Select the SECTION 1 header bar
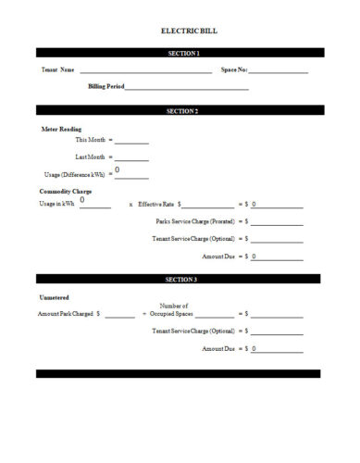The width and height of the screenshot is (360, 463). [179, 54]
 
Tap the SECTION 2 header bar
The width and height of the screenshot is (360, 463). [179, 111]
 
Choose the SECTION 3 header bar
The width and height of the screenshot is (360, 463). [179, 279]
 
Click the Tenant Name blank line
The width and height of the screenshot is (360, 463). [144, 70]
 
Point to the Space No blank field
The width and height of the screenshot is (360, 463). [279, 70]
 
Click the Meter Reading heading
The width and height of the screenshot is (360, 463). [62, 129]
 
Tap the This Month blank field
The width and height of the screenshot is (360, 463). [131, 142]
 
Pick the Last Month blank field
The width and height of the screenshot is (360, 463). [131, 158]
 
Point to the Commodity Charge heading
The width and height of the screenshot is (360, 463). [65, 191]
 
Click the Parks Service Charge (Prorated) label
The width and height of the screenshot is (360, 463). [195, 222]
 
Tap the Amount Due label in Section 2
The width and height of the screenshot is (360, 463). [218, 256]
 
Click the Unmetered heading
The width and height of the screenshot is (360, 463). [55, 297]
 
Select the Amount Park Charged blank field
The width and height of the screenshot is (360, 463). [118, 315]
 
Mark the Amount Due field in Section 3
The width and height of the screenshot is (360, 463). [277, 349]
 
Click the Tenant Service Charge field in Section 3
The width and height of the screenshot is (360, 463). [277, 332]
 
